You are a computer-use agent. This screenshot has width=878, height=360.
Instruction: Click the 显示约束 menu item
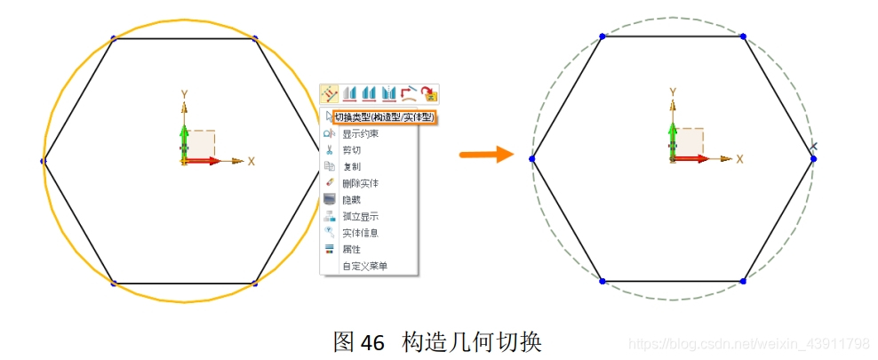tap(360, 134)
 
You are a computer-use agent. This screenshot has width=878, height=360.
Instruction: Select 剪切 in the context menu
tap(351, 150)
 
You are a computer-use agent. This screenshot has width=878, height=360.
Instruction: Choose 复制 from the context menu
tap(351, 166)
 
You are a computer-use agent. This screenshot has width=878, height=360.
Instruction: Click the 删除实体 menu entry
tap(360, 183)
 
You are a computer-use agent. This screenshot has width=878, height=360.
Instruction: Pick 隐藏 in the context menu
tap(351, 200)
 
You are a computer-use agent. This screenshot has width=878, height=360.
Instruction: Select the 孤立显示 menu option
tap(360, 216)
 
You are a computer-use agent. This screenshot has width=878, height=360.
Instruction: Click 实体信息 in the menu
tap(360, 233)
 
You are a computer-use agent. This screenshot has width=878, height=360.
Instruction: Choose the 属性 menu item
tap(351, 250)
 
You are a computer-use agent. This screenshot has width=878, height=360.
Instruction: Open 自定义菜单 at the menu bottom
tap(364, 266)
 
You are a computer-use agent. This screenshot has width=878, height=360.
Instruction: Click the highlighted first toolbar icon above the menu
tap(330, 93)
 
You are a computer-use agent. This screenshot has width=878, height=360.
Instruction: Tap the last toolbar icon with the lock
tap(430, 93)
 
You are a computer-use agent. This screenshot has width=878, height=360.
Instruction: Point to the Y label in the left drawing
tap(184, 93)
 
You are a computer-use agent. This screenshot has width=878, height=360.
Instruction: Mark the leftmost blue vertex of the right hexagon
tap(531, 159)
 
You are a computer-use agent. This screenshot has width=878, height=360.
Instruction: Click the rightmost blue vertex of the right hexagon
tap(813, 159)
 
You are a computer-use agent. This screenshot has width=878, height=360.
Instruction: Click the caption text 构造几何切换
tap(471, 342)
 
